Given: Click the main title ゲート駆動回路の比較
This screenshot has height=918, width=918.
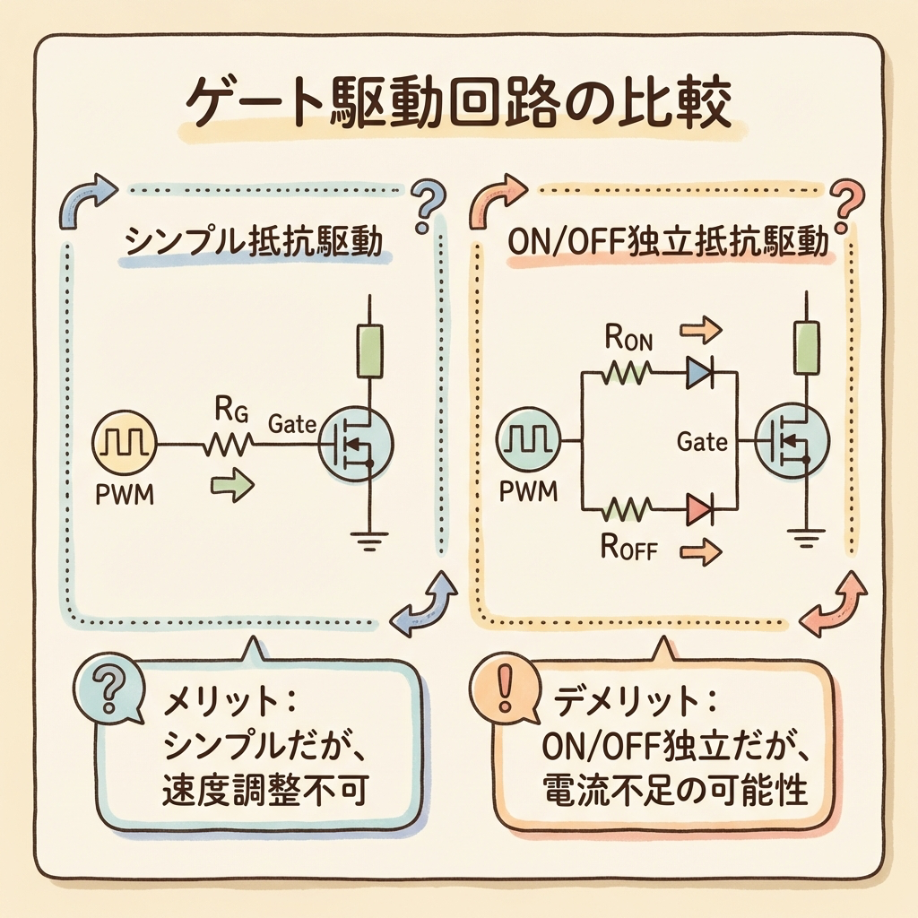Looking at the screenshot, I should point(458,107).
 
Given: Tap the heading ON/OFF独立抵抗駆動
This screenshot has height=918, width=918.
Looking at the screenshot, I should point(668,243).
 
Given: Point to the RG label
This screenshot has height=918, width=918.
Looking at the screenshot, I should point(225,410).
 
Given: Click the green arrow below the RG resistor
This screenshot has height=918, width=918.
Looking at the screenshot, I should point(231,485).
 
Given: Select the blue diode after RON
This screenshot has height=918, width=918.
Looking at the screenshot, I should point(698,372).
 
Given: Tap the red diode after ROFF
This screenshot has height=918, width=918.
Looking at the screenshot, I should point(698,510).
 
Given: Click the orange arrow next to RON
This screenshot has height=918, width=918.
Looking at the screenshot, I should point(700,332).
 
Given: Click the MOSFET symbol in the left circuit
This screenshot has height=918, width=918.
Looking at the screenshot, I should point(356,441).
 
